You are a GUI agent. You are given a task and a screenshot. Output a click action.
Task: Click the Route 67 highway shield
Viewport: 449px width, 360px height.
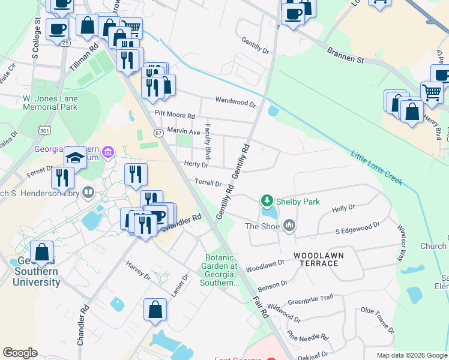click(x=158, y=133)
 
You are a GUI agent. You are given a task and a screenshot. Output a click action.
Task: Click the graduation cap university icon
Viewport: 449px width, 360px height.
click(x=75, y=158)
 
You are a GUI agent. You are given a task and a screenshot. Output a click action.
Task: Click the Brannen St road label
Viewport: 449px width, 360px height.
click(x=345, y=56)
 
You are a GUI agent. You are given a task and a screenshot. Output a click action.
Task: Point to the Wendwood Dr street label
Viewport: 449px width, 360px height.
click(x=235, y=101)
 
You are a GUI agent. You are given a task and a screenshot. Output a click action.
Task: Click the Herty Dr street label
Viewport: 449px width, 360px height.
click(x=196, y=164)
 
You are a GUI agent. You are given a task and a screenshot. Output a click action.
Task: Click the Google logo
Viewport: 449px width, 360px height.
click(x=20, y=353)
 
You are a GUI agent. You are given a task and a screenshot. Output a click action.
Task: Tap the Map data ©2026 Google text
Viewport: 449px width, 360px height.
click(x=411, y=355)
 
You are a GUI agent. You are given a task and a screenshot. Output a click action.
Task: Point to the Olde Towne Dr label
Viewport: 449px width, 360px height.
click(x=376, y=320)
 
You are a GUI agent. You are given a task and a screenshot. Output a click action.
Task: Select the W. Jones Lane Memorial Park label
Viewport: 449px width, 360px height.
click(x=50, y=103)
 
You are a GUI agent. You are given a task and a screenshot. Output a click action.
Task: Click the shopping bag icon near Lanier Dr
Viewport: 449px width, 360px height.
click(x=155, y=310)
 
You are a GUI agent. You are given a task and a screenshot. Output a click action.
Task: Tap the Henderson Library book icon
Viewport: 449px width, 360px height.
click(x=88, y=193)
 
